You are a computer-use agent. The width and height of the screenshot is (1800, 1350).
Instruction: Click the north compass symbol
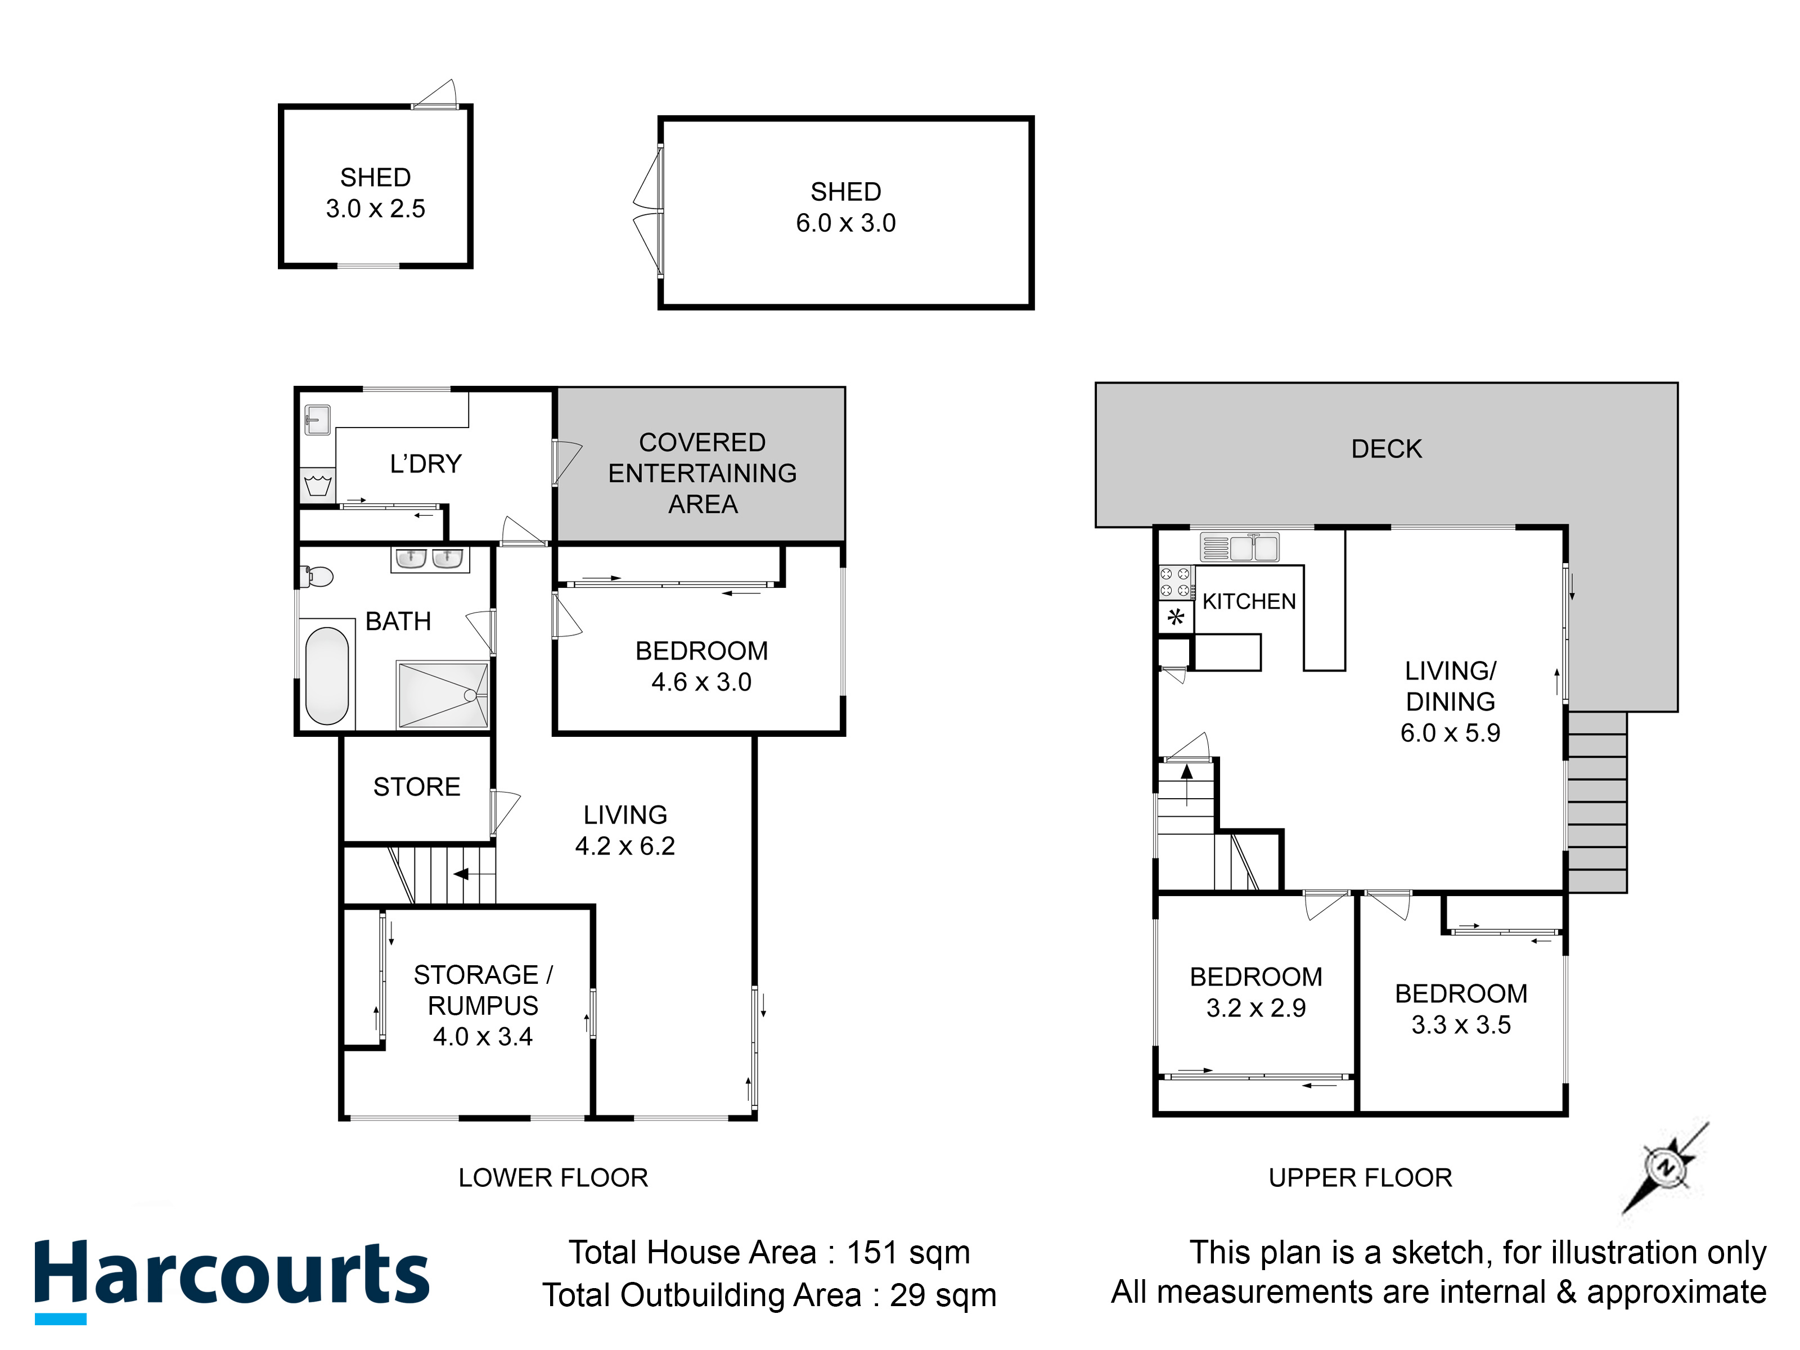coord(1666,1168)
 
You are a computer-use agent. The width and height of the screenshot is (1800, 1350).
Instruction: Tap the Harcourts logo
coord(231,1277)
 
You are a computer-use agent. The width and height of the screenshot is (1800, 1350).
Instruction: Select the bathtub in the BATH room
coord(326,676)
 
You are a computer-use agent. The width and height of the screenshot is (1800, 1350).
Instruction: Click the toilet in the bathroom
coord(318,577)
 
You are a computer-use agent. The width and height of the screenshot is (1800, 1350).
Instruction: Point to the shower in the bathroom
coord(442,694)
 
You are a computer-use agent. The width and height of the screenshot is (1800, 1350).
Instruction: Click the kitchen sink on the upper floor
coord(1239,547)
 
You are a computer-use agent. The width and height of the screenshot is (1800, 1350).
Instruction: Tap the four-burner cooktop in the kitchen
coord(1175,583)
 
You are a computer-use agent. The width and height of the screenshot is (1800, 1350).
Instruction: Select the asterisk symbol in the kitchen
coord(1176,617)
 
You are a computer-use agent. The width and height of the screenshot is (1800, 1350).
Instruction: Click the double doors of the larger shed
coord(649,211)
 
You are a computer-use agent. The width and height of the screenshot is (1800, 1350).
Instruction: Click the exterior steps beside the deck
coord(1596,802)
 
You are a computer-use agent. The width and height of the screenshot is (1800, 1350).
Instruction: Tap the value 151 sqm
coord(908,1252)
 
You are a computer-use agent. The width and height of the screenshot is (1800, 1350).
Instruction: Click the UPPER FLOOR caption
coord(1360,1177)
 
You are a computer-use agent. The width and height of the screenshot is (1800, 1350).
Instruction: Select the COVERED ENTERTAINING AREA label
coord(702,473)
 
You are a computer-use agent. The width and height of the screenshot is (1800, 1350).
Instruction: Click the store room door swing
coord(505,811)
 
